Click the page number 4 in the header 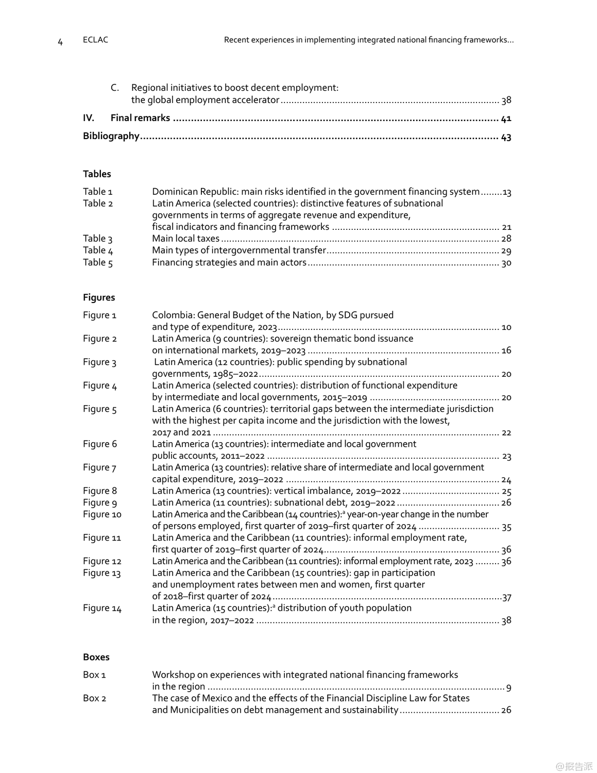coord(60,42)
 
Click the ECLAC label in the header coord(95,40)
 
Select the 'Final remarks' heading coord(140,118)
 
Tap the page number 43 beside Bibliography coord(506,137)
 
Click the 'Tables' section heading coord(97,174)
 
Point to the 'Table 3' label coord(98,239)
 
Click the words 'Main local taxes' coord(185,239)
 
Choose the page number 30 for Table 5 coord(506,263)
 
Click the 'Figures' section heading coord(99,297)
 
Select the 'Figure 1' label coord(100,315)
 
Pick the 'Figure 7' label coord(100,467)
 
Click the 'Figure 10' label coord(102,514)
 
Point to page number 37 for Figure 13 coord(507,597)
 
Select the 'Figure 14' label coord(102,608)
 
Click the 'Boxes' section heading coord(96,657)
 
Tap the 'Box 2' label coord(94,698)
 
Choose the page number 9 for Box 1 coord(509,687)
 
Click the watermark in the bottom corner coord(574,766)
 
